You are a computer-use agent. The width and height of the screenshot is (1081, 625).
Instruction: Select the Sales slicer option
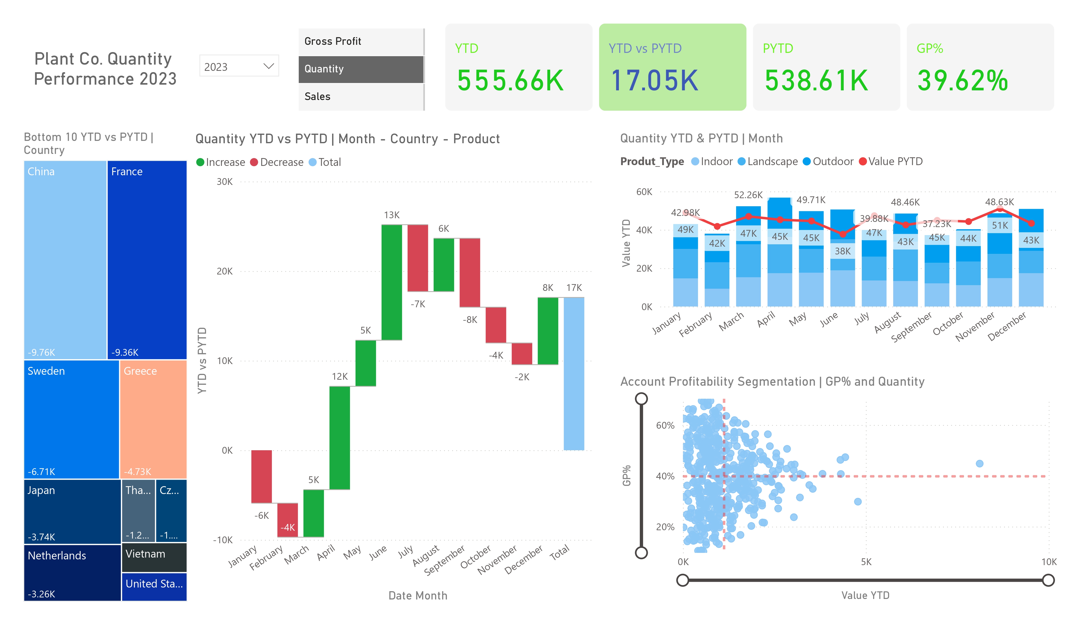coord(318,97)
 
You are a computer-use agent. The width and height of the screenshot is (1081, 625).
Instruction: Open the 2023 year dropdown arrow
coord(269,66)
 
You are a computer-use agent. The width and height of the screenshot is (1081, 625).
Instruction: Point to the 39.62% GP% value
coord(962,81)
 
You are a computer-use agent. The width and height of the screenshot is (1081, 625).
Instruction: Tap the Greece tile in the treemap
coord(153,418)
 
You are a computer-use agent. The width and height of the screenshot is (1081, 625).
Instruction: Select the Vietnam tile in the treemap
coord(154,556)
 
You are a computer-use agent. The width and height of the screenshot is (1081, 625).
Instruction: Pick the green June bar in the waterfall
coord(392,282)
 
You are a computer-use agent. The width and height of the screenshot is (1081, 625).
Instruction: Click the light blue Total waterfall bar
coord(574,373)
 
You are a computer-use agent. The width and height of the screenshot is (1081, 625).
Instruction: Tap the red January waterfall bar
coord(261,476)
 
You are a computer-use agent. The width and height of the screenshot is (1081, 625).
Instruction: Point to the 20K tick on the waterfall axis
coord(224,271)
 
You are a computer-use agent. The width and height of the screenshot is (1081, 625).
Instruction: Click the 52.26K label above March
coord(748,195)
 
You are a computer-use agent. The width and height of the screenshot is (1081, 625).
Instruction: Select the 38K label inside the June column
coord(842,251)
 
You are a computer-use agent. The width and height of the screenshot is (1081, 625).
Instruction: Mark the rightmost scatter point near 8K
coord(979,463)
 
